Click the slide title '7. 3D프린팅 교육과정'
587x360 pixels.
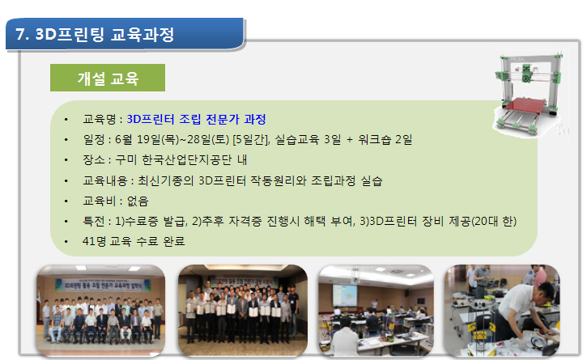(x=95, y=35)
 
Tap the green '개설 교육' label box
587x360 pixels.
(x=108, y=78)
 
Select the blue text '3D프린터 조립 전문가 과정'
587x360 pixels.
(x=196, y=120)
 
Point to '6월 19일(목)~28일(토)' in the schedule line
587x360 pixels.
(x=172, y=140)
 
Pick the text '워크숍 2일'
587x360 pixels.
(x=385, y=140)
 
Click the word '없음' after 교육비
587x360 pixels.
(x=138, y=201)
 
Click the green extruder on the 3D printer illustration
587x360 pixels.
(x=527, y=73)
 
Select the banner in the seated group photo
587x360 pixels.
(x=104, y=285)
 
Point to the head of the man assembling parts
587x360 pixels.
(x=544, y=292)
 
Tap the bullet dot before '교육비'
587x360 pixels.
(x=66, y=201)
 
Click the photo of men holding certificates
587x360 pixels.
(x=243, y=310)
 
